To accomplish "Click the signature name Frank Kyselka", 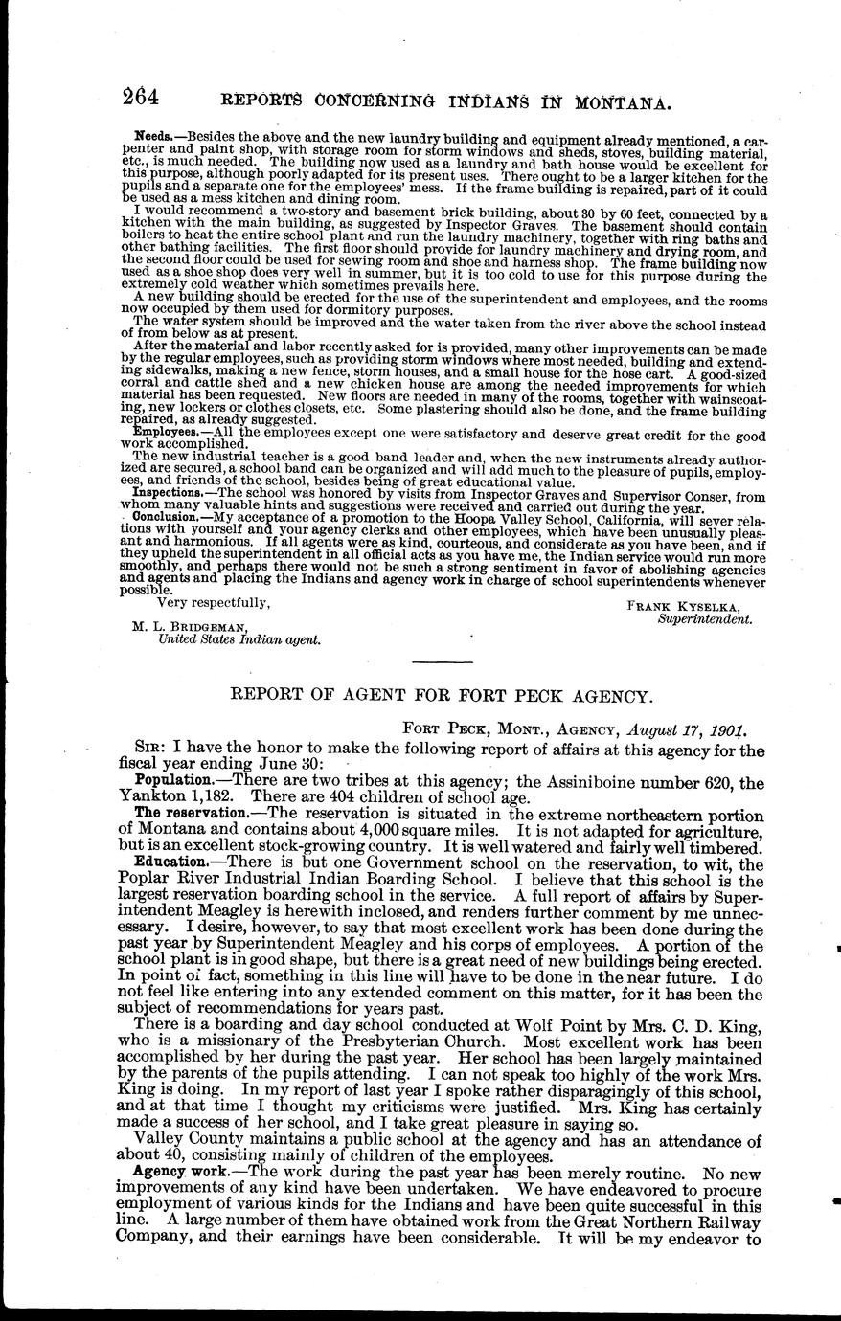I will [689, 606].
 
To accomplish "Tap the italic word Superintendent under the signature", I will [705, 619].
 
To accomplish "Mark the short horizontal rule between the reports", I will [441, 662].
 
